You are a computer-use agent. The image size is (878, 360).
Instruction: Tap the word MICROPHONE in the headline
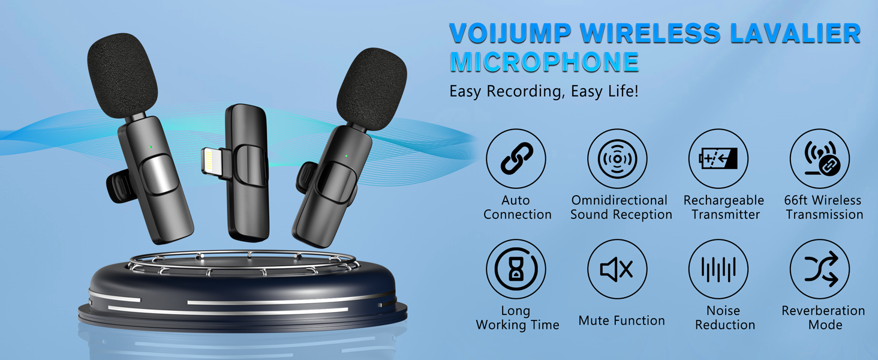point(544,62)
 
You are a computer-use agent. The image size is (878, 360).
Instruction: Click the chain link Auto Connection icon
point(516,158)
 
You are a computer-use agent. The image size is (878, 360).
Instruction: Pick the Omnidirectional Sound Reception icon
point(617,158)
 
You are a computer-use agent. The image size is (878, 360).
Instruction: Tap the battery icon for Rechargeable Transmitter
point(718,158)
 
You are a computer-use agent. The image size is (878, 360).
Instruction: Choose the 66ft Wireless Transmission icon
point(820,158)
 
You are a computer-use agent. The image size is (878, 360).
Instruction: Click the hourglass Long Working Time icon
point(516,269)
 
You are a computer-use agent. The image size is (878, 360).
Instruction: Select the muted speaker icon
point(617,269)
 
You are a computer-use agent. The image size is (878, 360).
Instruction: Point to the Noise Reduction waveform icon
point(718,269)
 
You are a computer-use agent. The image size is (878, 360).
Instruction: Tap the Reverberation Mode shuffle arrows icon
point(820,269)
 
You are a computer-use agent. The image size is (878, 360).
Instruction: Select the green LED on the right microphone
point(347,156)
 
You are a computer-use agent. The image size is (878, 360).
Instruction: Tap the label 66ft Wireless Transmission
point(824,208)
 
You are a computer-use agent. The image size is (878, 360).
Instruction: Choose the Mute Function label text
point(621,321)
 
